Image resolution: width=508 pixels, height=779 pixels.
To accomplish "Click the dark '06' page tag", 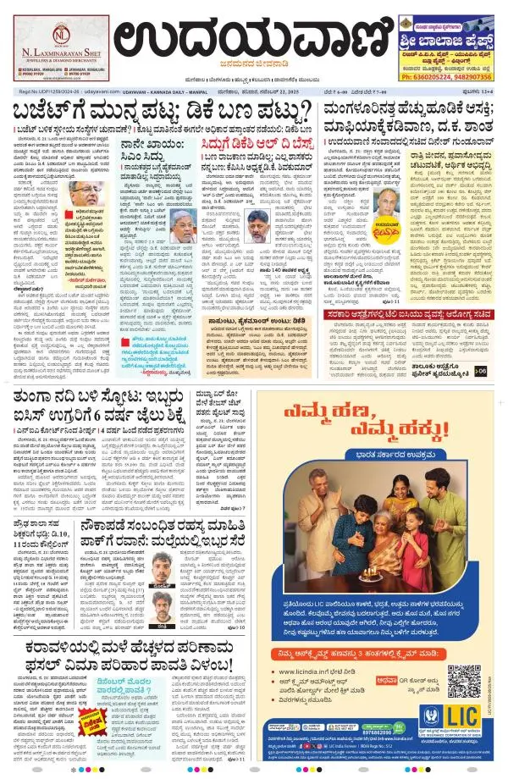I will tap(481, 347).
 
